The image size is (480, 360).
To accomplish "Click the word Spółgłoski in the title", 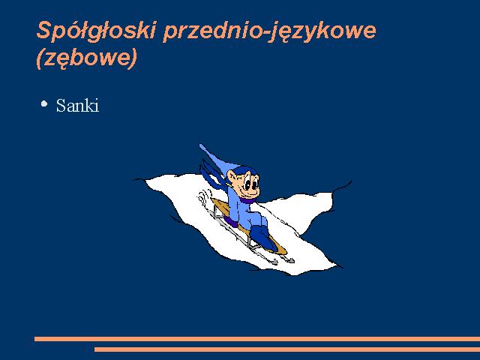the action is (x=96, y=31).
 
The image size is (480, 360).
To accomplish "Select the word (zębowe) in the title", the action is (x=87, y=58).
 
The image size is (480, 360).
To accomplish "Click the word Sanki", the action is (x=77, y=106).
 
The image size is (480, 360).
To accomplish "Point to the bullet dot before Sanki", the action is (x=44, y=103).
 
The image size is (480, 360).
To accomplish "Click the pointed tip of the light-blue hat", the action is (x=200, y=145).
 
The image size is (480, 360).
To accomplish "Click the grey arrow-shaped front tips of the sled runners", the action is (x=283, y=260).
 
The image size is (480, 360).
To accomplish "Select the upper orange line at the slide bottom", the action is (x=257, y=339).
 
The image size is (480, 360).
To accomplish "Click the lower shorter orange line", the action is (x=287, y=349).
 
